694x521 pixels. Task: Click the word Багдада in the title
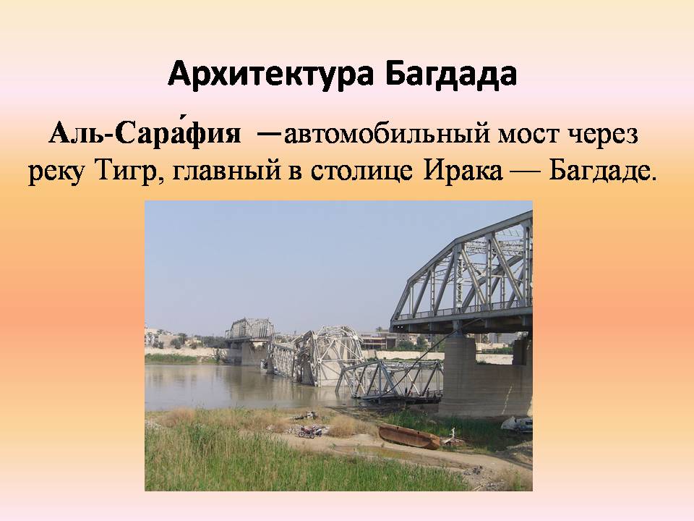(450, 73)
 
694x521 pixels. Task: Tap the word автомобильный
(386, 134)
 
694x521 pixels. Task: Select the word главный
(226, 172)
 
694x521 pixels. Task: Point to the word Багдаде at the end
(602, 172)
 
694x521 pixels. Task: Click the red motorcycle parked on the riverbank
(310, 431)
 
